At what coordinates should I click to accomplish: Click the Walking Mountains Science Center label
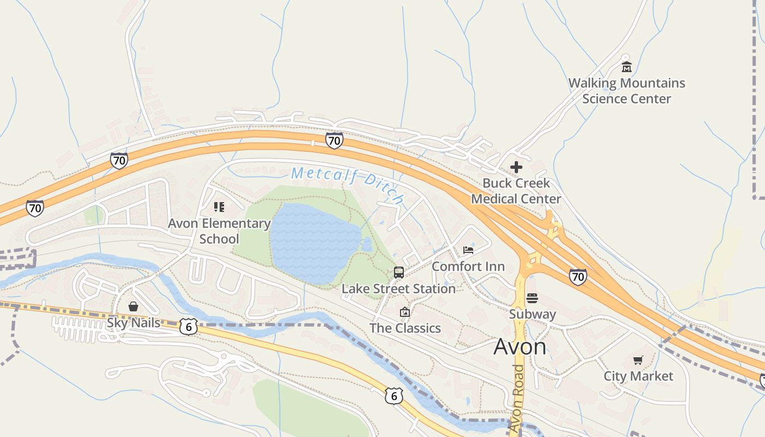[626, 91]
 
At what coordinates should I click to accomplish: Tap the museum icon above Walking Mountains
[626, 67]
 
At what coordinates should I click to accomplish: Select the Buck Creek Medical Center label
[516, 191]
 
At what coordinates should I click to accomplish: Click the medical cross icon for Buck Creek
[516, 167]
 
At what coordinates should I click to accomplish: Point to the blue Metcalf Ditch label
[348, 184]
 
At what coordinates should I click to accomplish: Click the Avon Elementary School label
[219, 231]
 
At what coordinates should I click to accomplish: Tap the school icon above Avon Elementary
[219, 207]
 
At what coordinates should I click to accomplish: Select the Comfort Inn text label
[468, 267]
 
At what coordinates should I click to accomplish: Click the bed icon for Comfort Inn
[468, 250]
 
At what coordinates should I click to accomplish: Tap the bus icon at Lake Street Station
[399, 272]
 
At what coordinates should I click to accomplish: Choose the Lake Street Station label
[398, 288]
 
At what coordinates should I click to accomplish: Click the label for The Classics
[405, 328]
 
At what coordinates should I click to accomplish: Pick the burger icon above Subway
[532, 298]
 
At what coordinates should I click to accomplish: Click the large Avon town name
[520, 347]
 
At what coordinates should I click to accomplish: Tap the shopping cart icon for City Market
[638, 360]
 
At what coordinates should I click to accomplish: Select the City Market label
[638, 376]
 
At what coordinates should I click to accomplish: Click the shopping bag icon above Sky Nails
[133, 306]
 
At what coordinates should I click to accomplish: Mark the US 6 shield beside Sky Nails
[188, 327]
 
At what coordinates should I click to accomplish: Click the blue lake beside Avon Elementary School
[314, 243]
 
